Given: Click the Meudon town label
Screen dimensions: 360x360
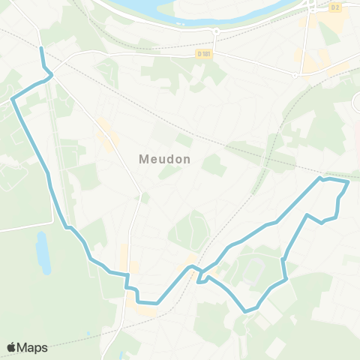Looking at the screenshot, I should pyautogui.click(x=165, y=160).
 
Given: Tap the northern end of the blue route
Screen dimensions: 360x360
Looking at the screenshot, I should pyautogui.click(x=41, y=49).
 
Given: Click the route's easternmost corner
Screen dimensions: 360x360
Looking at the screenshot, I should pyautogui.click(x=349, y=181).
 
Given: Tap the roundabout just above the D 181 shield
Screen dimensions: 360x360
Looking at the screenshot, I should pyautogui.click(x=215, y=31).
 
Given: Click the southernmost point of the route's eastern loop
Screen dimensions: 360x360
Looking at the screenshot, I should pyautogui.click(x=245, y=311).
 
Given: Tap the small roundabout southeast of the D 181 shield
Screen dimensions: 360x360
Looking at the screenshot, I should pyautogui.click(x=296, y=74).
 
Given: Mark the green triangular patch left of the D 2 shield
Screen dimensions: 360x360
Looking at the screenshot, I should pyautogui.click(x=327, y=34).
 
